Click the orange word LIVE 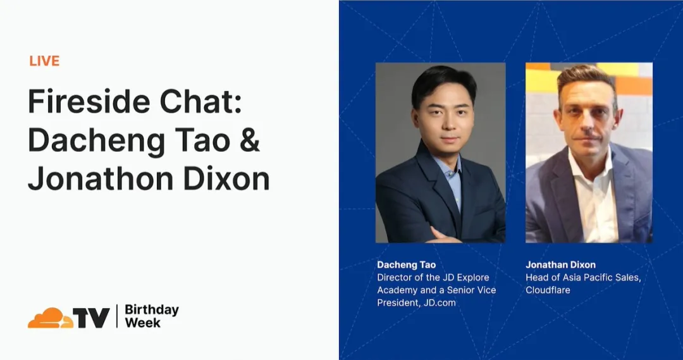pos(44,61)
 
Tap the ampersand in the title pos(250,140)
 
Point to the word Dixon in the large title pos(228,179)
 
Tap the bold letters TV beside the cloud pos(92,318)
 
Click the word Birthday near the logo pos(152,310)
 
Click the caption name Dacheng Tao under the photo pos(406,264)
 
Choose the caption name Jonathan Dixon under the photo pos(560,264)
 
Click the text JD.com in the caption pos(438,302)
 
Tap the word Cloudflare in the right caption pos(548,290)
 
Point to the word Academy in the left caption pos(398,290)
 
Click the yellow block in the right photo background pos(541,80)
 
